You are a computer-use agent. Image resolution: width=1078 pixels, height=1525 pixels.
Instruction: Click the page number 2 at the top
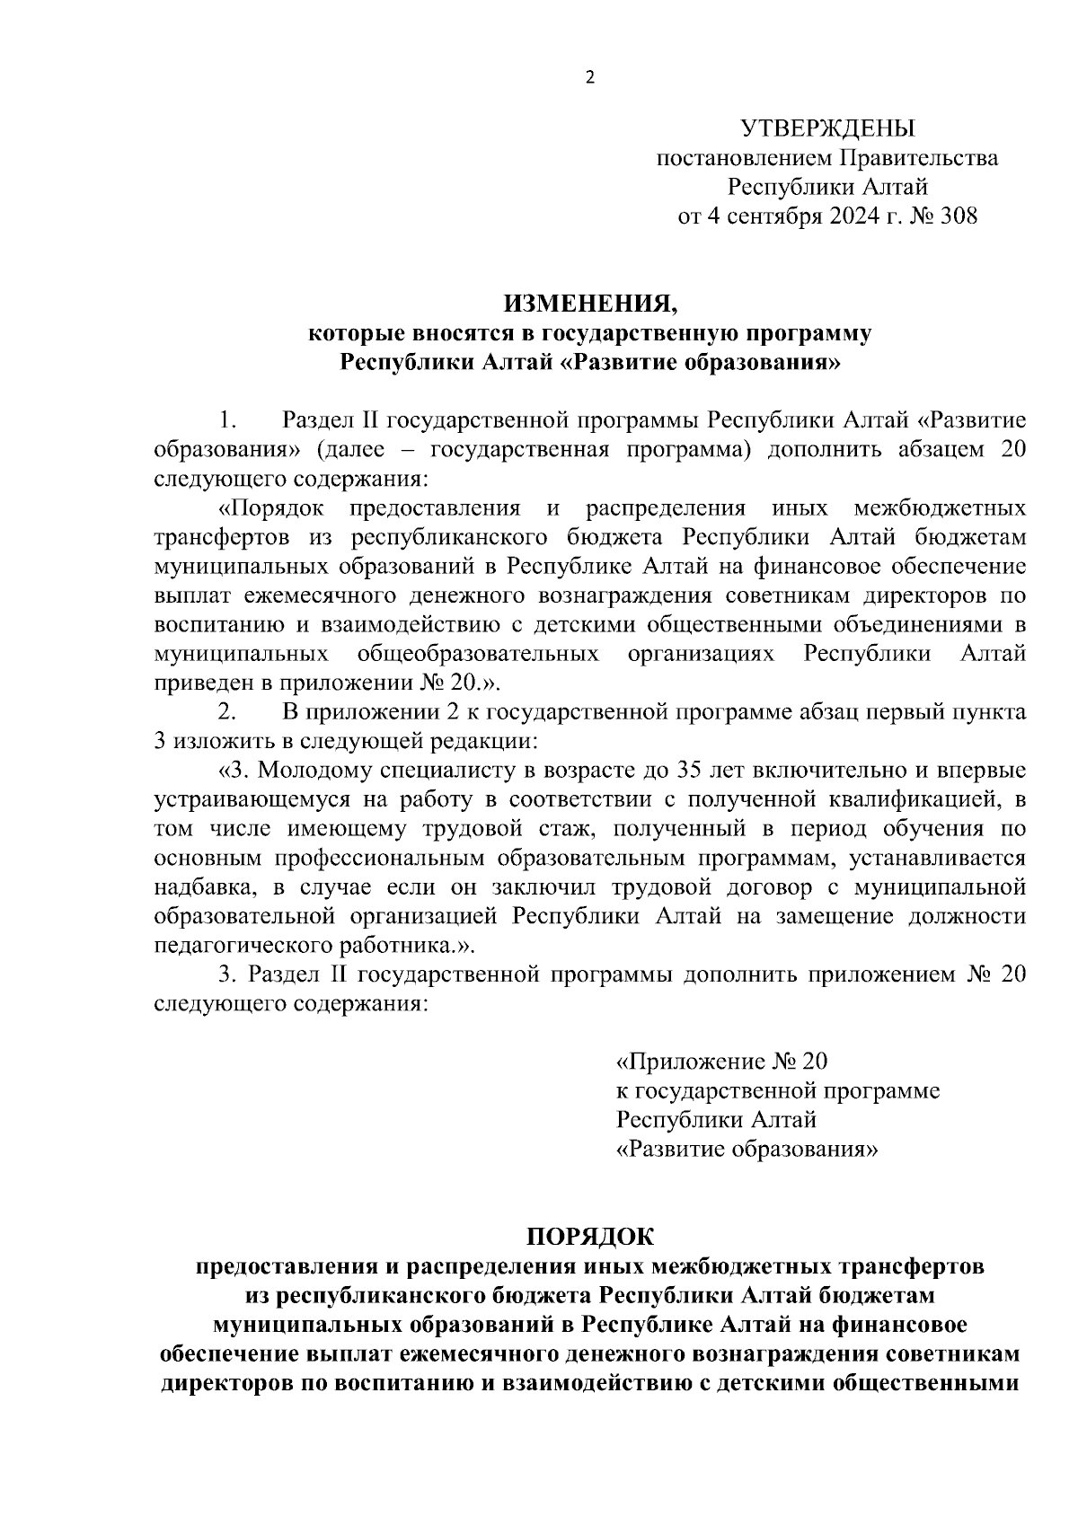[589, 77]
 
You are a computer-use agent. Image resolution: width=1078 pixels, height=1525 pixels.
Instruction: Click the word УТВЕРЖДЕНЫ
[826, 128]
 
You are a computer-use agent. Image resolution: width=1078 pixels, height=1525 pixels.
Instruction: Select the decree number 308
[957, 216]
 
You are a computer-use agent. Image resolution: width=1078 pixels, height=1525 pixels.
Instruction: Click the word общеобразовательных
[478, 653]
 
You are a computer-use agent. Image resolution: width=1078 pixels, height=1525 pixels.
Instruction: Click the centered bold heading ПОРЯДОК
[589, 1237]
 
